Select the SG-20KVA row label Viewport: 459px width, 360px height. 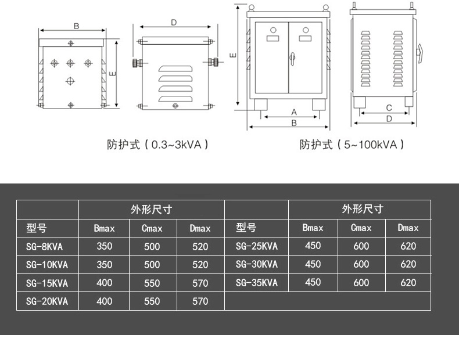47,301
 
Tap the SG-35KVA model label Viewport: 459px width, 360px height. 257,283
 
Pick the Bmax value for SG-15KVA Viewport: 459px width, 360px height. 105,283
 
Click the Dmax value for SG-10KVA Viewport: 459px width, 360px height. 200,265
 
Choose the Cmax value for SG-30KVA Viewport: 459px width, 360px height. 361,265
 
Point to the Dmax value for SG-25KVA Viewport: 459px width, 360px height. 408,246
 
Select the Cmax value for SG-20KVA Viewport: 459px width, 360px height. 152,301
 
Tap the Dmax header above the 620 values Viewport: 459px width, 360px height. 408,228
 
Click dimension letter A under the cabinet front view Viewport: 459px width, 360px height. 293,111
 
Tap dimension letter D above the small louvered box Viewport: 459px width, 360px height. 174,23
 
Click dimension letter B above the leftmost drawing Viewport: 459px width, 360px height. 76,26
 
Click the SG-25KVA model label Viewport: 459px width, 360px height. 257,247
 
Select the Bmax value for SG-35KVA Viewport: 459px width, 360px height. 313,283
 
